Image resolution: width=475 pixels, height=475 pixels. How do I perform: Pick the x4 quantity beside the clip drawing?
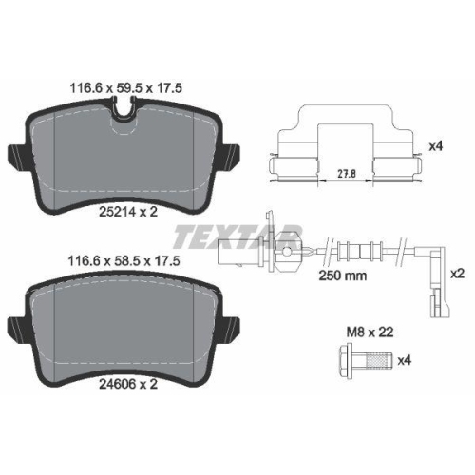coord(436,146)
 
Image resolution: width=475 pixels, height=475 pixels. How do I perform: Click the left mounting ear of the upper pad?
coord(16,153)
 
